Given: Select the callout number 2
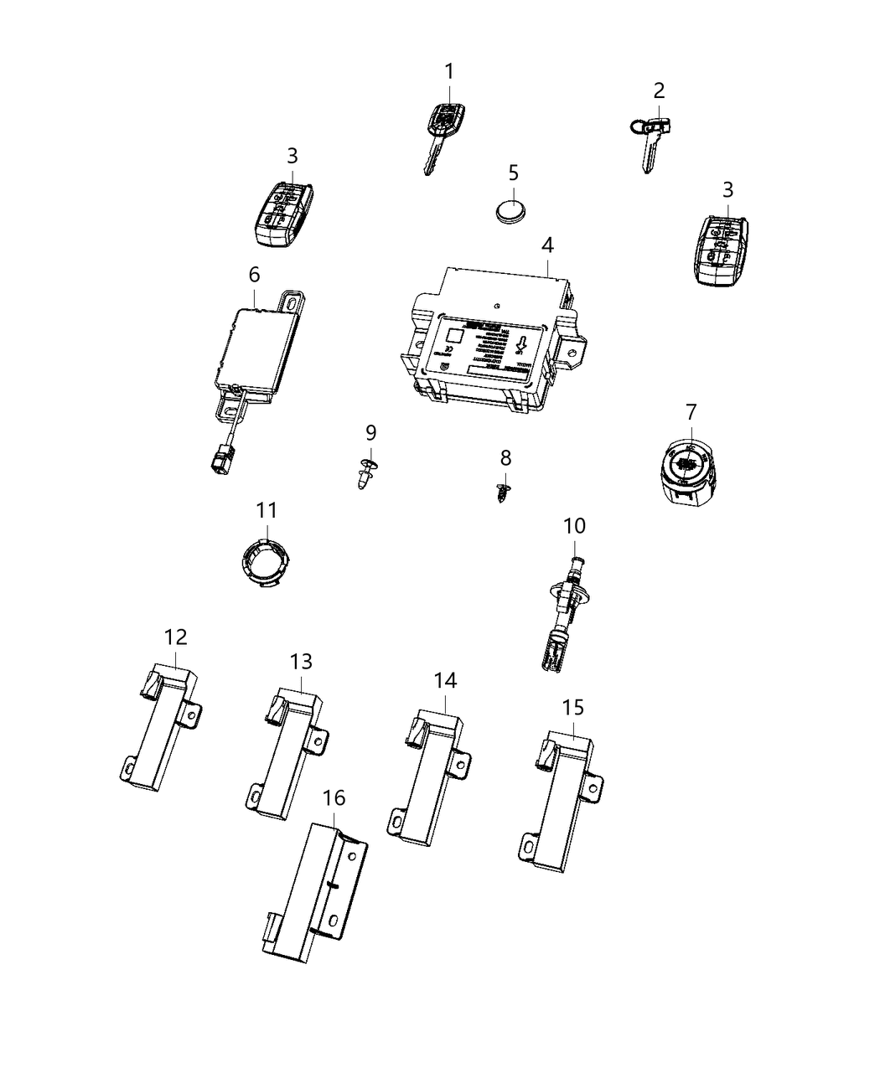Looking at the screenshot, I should [659, 90].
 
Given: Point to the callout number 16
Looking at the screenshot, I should [334, 797].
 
